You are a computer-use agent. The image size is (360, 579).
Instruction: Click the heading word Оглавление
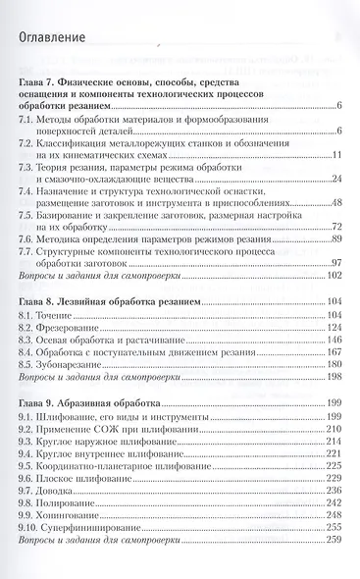point(64,38)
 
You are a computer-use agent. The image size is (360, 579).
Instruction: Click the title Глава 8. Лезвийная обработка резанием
point(117,299)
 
